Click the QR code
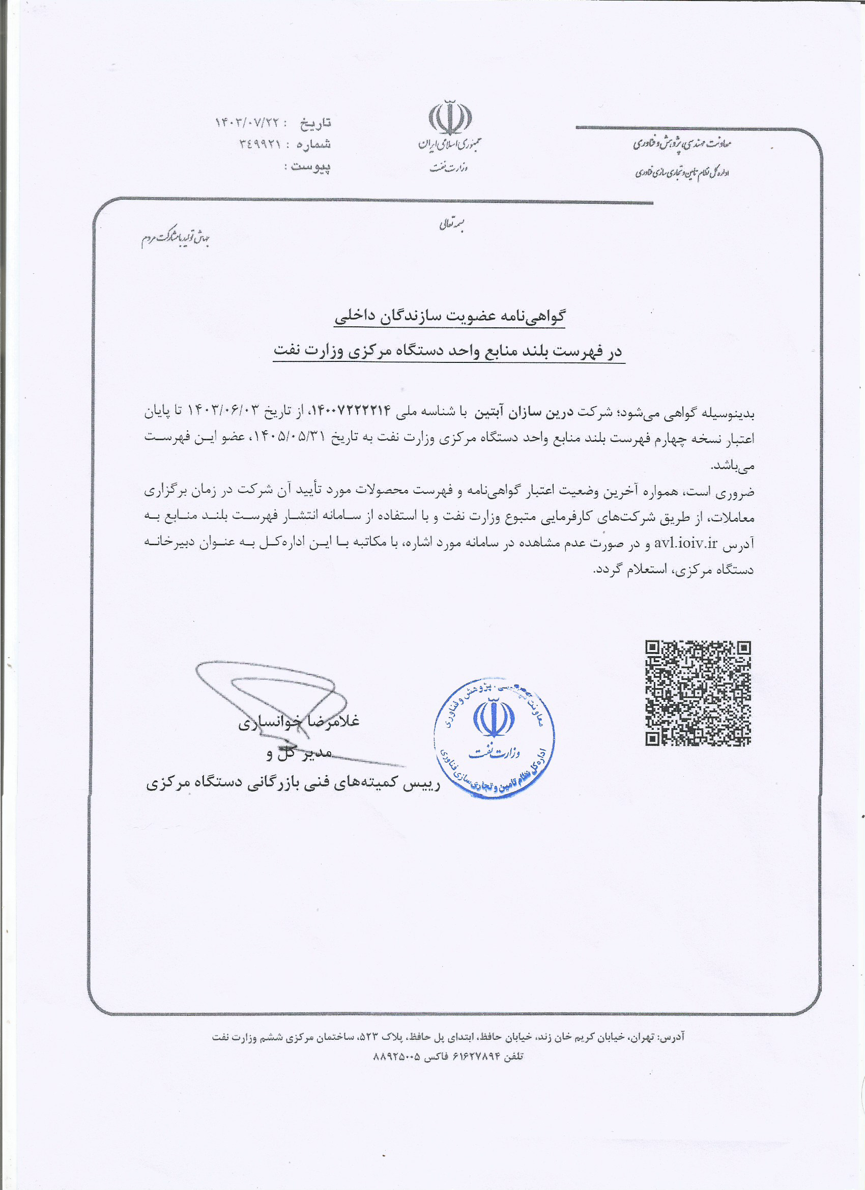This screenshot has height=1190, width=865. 698,693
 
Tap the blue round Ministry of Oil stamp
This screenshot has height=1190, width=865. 494,738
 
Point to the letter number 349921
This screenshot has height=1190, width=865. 259,144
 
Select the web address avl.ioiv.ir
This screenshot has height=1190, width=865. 685,543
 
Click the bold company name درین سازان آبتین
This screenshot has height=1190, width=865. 518,412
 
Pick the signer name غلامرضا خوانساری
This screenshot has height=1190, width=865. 299,722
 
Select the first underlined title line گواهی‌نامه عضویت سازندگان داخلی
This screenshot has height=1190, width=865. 450,316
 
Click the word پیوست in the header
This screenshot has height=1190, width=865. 310,166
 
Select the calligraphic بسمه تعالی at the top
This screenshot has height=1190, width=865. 451,224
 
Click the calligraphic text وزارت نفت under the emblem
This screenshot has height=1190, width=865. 449,167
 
